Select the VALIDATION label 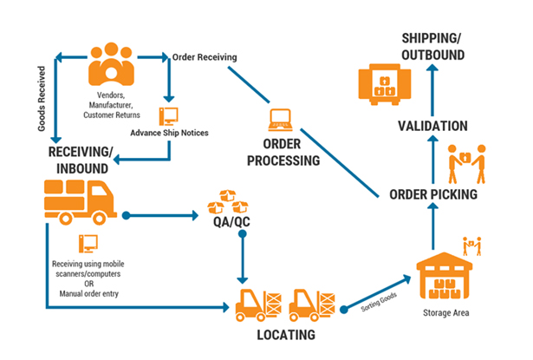pyautogui.click(x=432, y=127)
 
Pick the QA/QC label pyautogui.click(x=227, y=220)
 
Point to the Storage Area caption pyautogui.click(x=445, y=312)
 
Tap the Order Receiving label pyautogui.click(x=205, y=57)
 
